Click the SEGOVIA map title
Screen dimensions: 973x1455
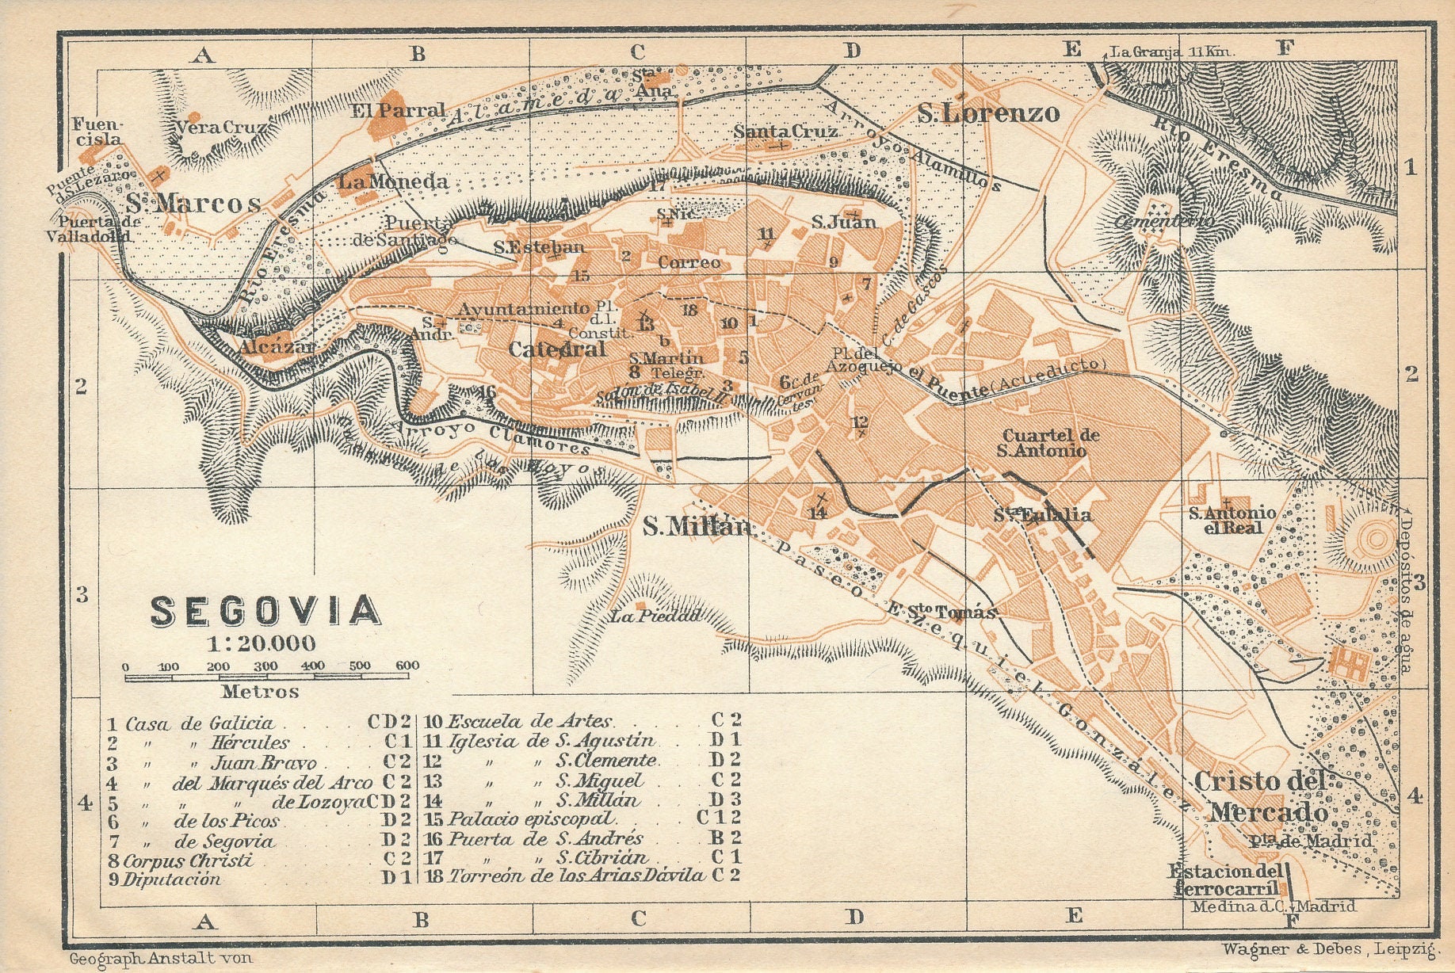[x=265, y=611]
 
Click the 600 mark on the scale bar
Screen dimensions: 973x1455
[x=407, y=666]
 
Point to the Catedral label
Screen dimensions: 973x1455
[x=556, y=349]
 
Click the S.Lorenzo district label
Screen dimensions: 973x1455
[x=988, y=114]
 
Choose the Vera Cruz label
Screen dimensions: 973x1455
[x=221, y=127]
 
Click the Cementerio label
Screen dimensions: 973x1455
[x=1163, y=221]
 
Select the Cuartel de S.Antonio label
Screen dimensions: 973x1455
[x=1051, y=443]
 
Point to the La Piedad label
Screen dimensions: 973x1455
[x=655, y=615]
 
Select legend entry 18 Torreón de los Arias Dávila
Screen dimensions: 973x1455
[x=575, y=876]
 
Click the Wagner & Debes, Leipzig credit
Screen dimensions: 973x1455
[x=1329, y=948]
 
